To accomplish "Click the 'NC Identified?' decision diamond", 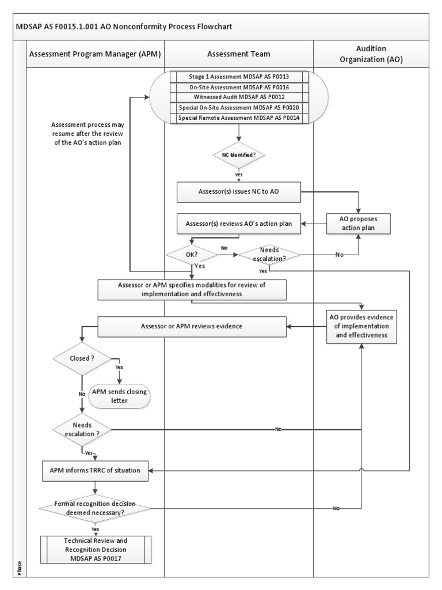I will point(238,155).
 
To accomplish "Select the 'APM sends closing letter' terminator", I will point(119,396).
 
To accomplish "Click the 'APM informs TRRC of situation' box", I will point(95,470).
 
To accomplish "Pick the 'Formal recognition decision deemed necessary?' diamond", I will point(95,508).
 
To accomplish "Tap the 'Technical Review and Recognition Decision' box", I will point(96,550).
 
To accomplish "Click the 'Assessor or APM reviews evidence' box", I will point(192,327).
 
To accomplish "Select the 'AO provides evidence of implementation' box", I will point(361,326).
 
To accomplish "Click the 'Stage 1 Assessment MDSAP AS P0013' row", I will point(239,77).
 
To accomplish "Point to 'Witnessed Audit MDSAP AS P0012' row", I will point(239,97).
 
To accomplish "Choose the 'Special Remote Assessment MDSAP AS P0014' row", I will point(239,118).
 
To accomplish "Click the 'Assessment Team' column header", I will point(239,54).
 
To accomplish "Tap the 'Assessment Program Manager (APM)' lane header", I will point(95,54).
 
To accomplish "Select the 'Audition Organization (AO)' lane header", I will point(371,54).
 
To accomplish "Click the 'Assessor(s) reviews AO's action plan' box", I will point(239,224).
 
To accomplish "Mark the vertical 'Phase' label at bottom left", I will point(20,568).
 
